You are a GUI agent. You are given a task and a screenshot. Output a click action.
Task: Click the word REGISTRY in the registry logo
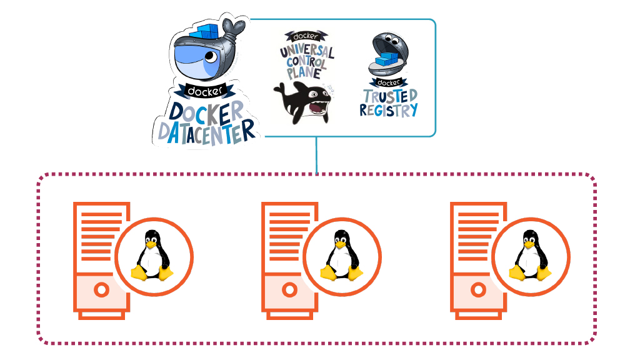pos(389,111)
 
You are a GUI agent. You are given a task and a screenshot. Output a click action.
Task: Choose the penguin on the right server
pos(529,256)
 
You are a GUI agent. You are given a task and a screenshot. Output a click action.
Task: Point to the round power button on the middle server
pos(289,290)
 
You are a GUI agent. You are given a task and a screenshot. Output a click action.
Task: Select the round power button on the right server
pos(478,290)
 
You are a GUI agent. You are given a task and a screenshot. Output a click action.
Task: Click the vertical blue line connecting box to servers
pos(317,154)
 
